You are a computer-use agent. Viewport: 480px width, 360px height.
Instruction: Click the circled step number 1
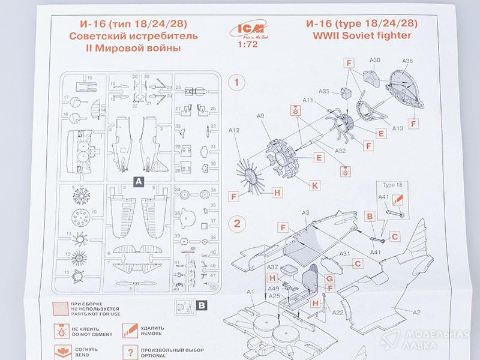239,82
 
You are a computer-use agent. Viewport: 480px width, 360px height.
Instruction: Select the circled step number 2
238,225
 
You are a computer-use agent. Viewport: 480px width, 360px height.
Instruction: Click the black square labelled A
137,180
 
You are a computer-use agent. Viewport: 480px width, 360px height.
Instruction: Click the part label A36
407,61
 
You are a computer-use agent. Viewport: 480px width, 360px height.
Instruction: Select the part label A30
376,61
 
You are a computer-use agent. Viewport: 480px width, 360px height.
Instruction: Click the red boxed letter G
329,278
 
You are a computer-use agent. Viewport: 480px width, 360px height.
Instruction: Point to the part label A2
416,311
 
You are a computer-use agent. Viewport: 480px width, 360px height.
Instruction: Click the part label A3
305,213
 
